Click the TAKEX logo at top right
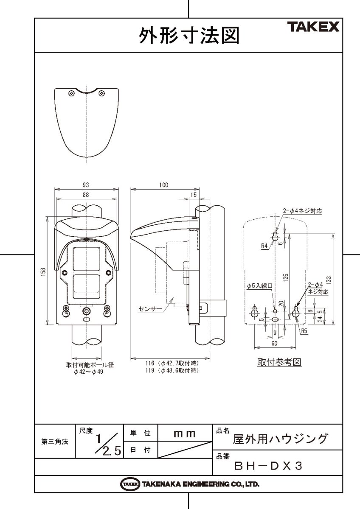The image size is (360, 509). pos(315,28)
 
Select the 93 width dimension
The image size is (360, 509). pos(86,185)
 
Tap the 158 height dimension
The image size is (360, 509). pos(43,271)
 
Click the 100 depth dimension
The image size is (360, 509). pos(164,185)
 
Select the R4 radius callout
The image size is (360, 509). pos(264,246)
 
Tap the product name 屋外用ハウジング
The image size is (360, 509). pos(280,439)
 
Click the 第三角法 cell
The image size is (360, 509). pos(55,442)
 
